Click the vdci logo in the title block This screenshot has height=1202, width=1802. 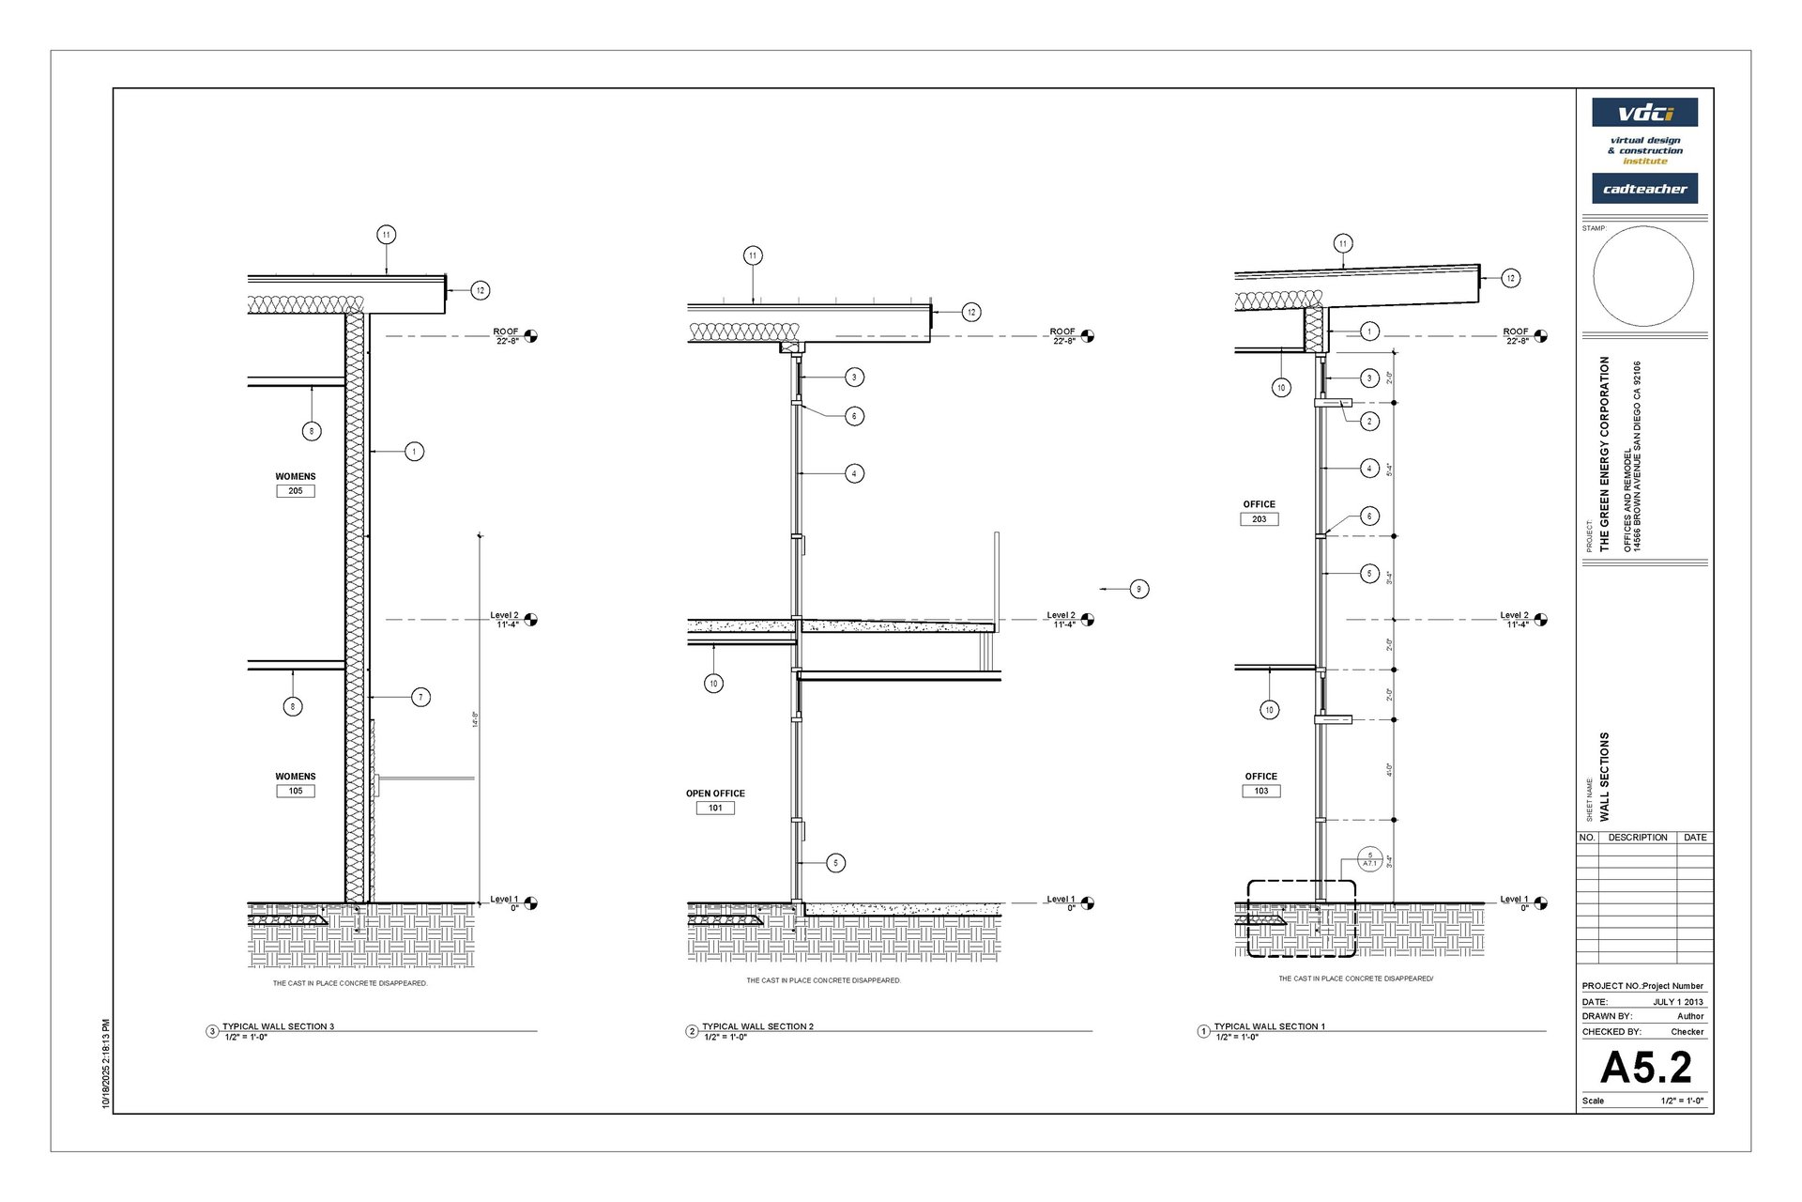[x=1644, y=113]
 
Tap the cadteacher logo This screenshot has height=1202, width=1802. [x=1644, y=189]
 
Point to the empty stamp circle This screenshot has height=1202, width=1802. [x=1643, y=276]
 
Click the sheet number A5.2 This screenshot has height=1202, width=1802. [x=1645, y=1067]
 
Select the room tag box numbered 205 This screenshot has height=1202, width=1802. [x=296, y=491]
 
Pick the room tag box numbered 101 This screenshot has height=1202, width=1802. [x=715, y=808]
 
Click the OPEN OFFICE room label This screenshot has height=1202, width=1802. [x=715, y=794]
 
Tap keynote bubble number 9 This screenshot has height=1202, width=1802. [x=1138, y=589]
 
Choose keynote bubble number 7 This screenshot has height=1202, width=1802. [x=420, y=697]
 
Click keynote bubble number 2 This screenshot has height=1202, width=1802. [x=1369, y=421]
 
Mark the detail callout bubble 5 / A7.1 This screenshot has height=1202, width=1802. [x=1369, y=859]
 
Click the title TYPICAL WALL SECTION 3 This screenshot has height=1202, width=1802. [x=278, y=1026]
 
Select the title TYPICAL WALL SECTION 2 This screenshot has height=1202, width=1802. [x=757, y=1026]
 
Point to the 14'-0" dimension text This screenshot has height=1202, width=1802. [x=475, y=719]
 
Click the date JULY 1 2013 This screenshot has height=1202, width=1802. [x=1678, y=1002]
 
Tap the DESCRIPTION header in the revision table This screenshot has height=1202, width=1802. [x=1637, y=838]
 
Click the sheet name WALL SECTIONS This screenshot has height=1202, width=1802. [x=1604, y=777]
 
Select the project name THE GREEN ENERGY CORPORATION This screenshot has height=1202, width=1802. [x=1604, y=453]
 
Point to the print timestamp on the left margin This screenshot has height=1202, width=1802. [x=106, y=1064]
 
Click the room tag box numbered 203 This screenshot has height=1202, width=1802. [x=1259, y=519]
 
